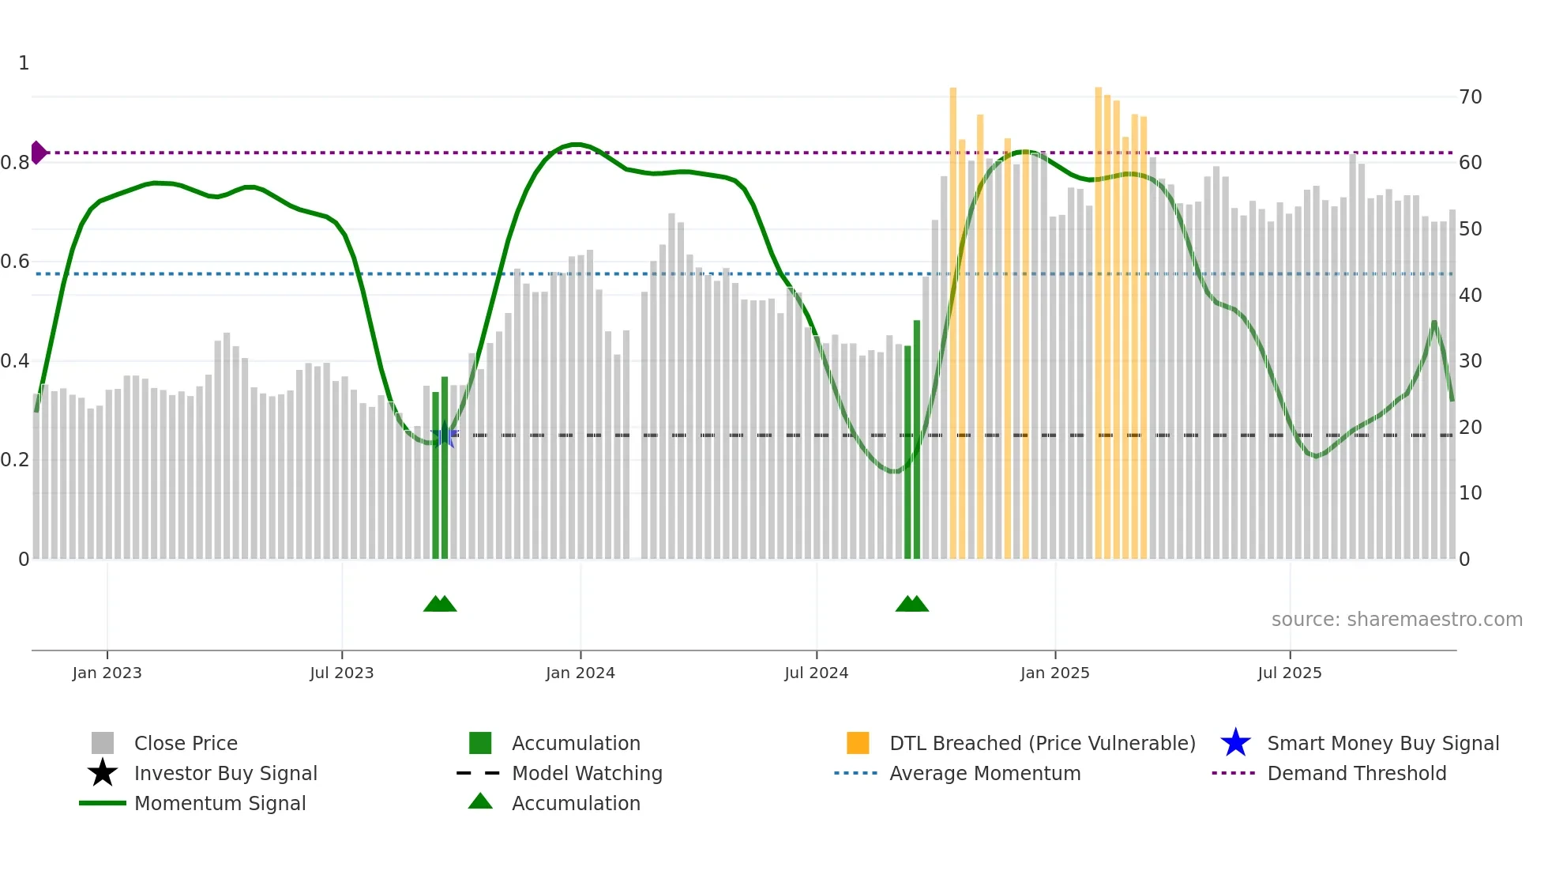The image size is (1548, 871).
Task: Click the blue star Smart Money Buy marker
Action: click(445, 435)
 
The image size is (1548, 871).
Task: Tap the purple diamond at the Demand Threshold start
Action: click(38, 153)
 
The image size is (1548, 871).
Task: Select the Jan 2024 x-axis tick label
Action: click(580, 673)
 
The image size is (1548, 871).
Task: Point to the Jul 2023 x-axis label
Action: click(341, 673)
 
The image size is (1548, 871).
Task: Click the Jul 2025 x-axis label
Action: click(1289, 673)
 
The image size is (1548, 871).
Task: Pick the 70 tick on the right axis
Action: click(1470, 97)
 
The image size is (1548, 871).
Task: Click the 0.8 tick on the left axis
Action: click(16, 163)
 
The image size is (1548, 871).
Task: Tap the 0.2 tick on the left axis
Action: click(16, 460)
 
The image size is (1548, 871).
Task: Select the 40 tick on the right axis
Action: click(1470, 295)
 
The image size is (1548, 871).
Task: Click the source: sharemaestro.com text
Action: click(1396, 620)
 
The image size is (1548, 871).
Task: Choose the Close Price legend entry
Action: click(186, 743)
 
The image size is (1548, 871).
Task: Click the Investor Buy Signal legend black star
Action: click(103, 773)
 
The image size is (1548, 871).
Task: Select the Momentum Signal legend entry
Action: click(220, 803)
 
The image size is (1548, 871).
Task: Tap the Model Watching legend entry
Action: click(586, 773)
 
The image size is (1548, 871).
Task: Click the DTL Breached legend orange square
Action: click(858, 743)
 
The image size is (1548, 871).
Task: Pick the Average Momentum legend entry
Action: click(984, 773)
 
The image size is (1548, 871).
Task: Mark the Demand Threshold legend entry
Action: click(1356, 773)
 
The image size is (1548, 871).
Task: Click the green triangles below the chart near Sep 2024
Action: click(912, 604)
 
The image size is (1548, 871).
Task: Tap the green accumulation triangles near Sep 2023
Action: click(440, 604)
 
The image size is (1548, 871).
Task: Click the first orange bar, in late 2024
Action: click(953, 316)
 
